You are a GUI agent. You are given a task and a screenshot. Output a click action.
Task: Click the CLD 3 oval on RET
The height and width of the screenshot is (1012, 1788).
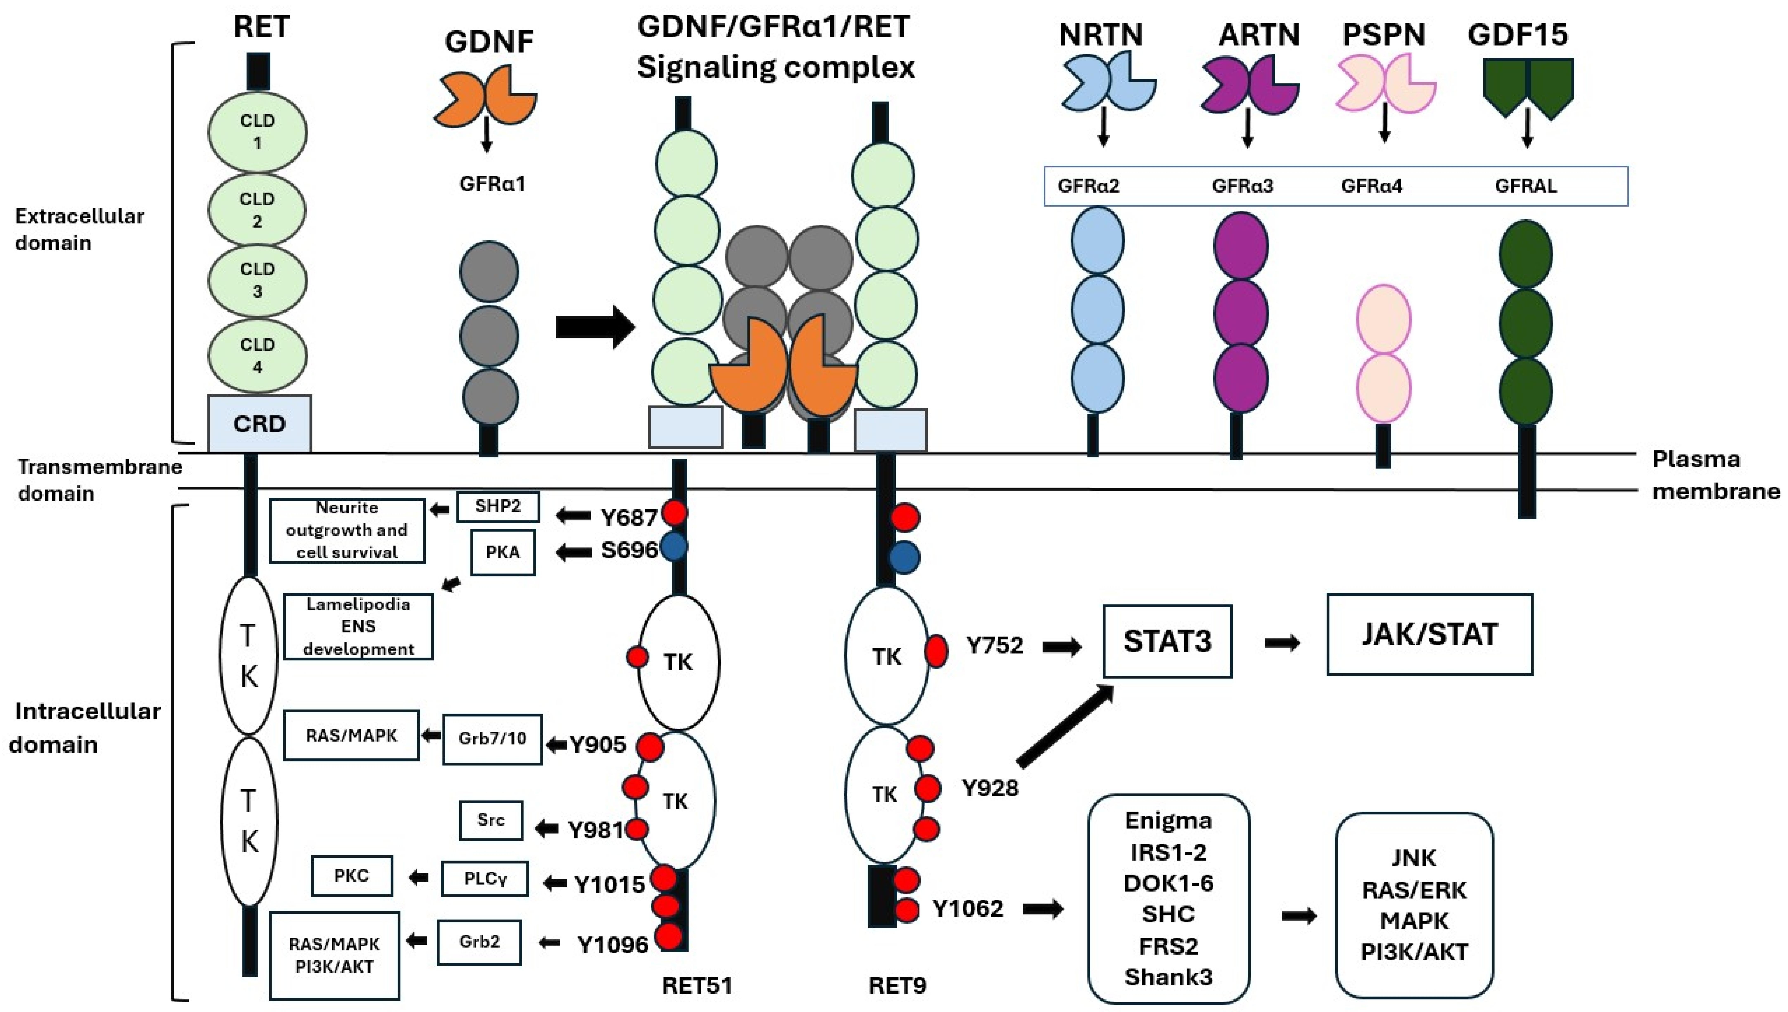tap(257, 280)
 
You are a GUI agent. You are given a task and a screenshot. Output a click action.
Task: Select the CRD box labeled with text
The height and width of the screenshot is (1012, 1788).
tap(259, 423)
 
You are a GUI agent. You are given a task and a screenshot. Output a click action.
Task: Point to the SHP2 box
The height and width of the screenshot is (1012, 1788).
tap(498, 507)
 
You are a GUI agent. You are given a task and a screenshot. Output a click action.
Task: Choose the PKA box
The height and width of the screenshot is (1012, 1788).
tap(503, 553)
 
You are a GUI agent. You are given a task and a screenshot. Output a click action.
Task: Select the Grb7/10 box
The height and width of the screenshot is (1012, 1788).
tap(492, 739)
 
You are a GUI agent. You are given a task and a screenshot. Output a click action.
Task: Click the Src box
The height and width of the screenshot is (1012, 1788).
tap(491, 820)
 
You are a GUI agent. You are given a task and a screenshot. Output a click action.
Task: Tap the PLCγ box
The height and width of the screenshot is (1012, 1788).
tap(485, 879)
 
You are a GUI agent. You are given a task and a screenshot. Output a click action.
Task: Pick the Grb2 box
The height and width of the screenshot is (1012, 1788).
tap(479, 942)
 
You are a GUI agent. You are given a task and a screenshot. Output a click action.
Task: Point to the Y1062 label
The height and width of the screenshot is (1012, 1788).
tap(967, 908)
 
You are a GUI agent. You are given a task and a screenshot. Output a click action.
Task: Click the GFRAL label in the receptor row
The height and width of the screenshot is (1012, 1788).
tap(1526, 186)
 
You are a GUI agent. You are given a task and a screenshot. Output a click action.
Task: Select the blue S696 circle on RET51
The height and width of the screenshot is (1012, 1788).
tap(673, 547)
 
